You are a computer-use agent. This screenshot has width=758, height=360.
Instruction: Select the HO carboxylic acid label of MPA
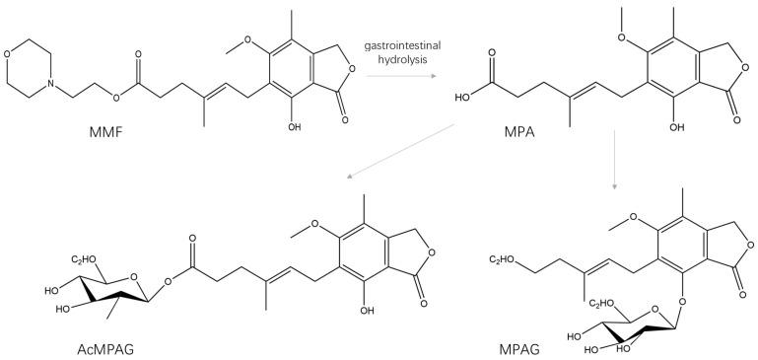[459, 98]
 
